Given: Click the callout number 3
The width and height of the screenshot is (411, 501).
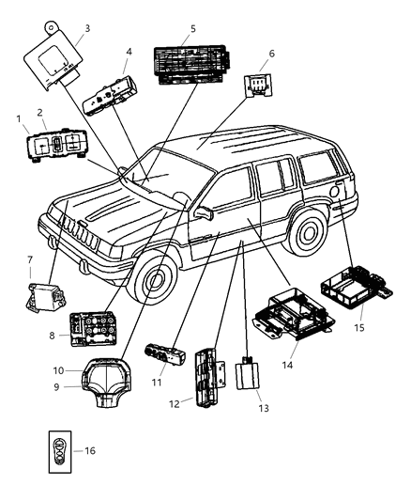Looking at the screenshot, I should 86,29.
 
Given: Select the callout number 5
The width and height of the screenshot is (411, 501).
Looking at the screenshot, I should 192,29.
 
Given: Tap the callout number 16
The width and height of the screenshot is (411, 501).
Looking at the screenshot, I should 91,450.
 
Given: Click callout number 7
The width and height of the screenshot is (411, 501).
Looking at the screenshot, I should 30,260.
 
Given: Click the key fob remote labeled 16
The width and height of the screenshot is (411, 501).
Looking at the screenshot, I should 58,449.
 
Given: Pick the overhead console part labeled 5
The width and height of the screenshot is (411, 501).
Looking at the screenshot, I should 193,63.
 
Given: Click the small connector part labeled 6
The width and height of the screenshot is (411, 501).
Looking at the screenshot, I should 256,86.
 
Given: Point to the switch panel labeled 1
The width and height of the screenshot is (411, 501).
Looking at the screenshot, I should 57,148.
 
